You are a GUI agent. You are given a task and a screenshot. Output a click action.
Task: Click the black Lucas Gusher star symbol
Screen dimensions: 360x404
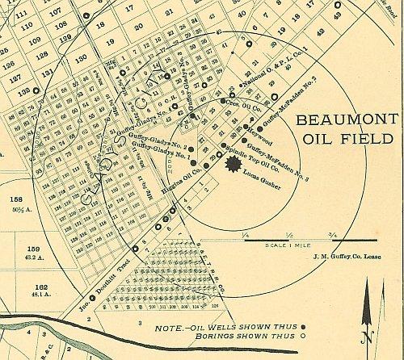coord(234,165)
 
